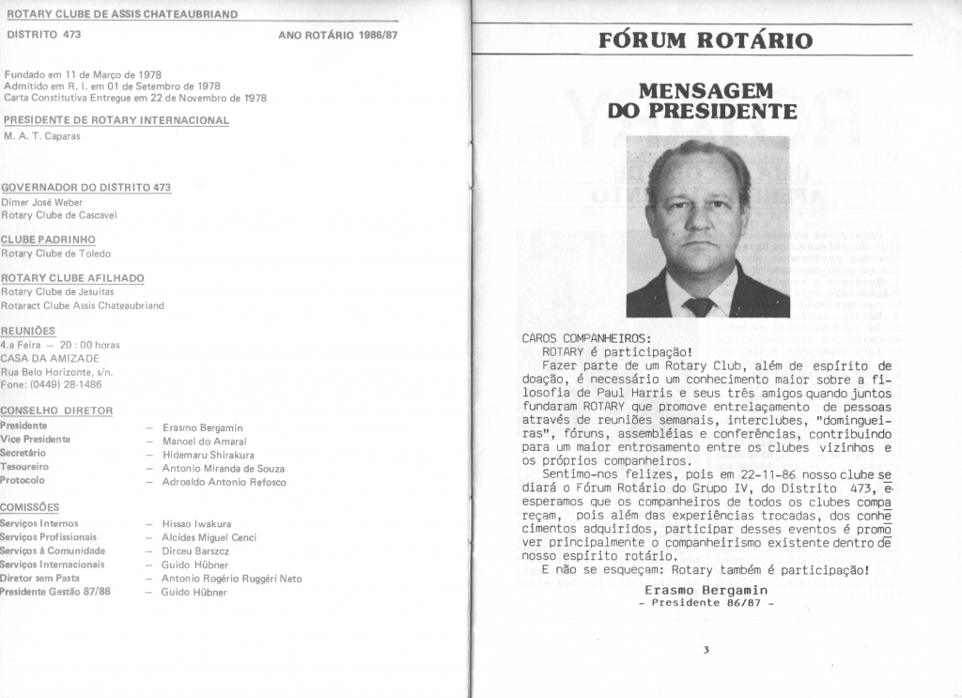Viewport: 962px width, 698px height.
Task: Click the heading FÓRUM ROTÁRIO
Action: [705, 40]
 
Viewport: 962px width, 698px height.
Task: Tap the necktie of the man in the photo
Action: [699, 306]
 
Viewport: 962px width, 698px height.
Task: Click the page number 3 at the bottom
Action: [705, 649]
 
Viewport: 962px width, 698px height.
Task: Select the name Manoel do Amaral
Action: [204, 441]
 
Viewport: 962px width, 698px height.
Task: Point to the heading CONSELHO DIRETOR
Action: [56, 411]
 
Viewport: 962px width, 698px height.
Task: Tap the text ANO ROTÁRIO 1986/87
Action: [338, 35]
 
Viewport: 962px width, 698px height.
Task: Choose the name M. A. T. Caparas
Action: [41, 136]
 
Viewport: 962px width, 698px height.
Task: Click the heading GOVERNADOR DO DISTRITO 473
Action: [86, 188]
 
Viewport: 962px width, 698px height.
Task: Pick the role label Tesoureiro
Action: [25, 466]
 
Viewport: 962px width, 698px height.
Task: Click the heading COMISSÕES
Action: [31, 505]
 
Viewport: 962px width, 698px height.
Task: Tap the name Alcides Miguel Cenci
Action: [209, 537]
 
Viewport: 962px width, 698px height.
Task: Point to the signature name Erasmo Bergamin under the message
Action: [706, 589]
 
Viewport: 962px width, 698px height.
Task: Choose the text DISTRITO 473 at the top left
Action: [44, 35]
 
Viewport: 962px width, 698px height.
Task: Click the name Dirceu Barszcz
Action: [195, 551]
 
